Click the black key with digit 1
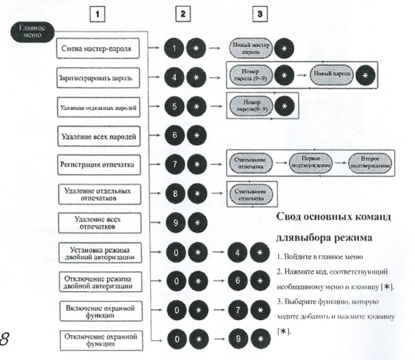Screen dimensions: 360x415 click(x=174, y=50)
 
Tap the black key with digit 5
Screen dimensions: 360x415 click(x=174, y=107)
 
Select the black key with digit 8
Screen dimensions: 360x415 click(x=174, y=193)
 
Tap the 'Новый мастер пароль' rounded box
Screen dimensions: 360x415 click(x=252, y=50)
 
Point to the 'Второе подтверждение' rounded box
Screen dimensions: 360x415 click(x=371, y=164)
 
